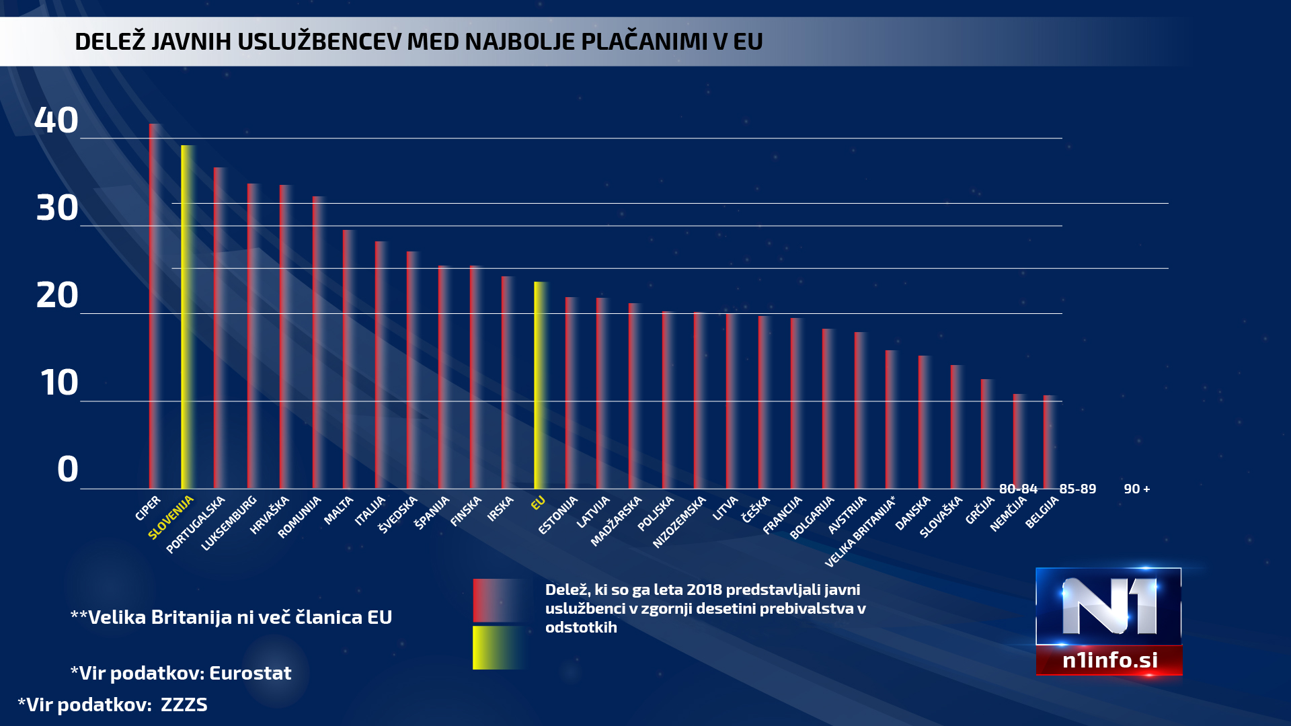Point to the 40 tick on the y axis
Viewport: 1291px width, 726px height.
[x=56, y=121]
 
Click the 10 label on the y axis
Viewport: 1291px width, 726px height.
[x=59, y=383]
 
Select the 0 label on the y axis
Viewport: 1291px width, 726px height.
[x=67, y=469]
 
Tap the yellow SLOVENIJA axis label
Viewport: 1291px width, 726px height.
[x=171, y=517]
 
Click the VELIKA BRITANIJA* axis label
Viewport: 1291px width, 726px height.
[x=860, y=532]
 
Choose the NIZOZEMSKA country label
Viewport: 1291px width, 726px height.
[x=679, y=522]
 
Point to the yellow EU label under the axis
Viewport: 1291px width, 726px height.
[x=538, y=503]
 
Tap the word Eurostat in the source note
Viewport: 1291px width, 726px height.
[x=250, y=673]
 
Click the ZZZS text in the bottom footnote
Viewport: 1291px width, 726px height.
[x=184, y=704]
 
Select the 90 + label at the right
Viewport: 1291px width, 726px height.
[x=1136, y=489]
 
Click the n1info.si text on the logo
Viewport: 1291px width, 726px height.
[x=1109, y=660]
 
